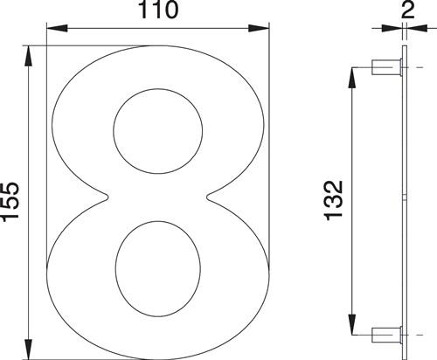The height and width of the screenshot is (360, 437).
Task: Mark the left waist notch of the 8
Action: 107,199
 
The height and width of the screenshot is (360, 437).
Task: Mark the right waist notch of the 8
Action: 208,199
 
